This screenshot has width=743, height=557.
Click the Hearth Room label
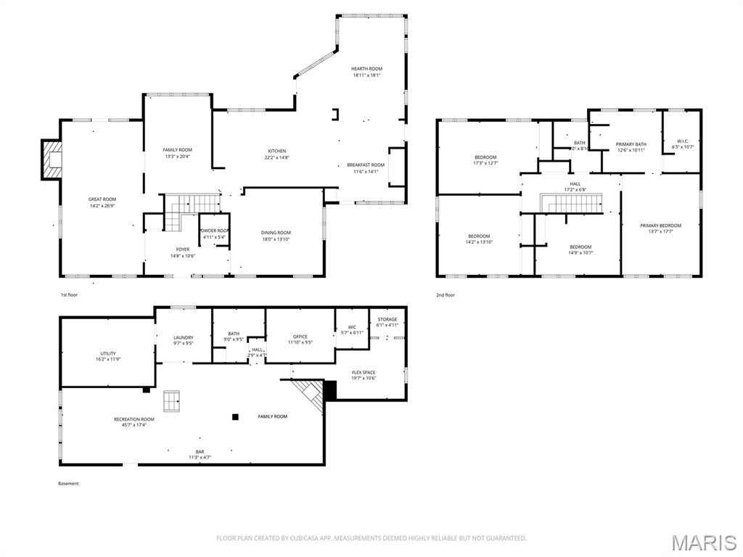click(x=366, y=69)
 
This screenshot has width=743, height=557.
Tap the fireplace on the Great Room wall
click(x=51, y=159)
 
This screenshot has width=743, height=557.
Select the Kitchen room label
click(x=276, y=151)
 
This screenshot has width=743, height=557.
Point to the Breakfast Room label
click(x=366, y=165)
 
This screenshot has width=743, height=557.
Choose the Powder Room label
click(x=214, y=231)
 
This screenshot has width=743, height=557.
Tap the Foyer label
click(x=183, y=249)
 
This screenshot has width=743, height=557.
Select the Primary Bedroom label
click(x=660, y=226)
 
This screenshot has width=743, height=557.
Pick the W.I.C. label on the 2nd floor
click(x=682, y=141)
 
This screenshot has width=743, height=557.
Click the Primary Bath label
click(x=631, y=144)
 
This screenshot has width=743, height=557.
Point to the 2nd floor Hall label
click(x=575, y=183)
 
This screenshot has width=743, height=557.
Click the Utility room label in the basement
click(x=107, y=353)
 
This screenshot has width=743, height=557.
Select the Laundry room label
click(x=183, y=337)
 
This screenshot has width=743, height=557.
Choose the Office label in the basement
click(x=300, y=337)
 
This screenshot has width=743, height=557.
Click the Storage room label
click(x=387, y=319)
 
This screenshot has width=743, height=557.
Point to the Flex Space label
click(x=364, y=373)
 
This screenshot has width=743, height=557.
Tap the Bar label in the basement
click(x=200, y=451)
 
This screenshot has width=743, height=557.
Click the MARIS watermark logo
click(x=703, y=542)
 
